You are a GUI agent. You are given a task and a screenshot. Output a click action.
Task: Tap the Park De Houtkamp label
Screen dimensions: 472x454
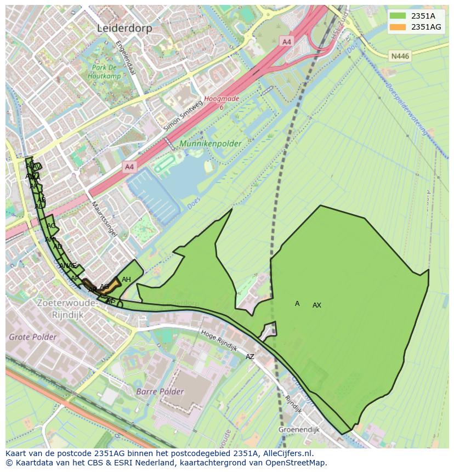coord(106,72)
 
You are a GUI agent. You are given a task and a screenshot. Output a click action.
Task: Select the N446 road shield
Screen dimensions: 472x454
coord(400,56)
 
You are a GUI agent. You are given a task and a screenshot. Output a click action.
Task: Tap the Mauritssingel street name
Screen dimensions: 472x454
coord(104,218)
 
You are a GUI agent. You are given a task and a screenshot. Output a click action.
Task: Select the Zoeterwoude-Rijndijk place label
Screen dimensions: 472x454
coord(66,308)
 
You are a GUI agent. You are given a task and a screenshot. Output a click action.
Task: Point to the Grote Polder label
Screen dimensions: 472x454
coord(32,337)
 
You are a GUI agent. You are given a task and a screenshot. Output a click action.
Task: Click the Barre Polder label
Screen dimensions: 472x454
coord(160,391)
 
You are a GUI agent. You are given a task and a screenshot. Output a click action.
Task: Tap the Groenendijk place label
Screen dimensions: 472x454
coord(299,430)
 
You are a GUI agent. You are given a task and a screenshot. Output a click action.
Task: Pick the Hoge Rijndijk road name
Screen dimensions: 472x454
coord(219,340)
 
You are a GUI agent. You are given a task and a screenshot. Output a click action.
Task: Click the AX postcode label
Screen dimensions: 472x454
coord(317,305)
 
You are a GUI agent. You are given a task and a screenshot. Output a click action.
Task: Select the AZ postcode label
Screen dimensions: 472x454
coord(250,357)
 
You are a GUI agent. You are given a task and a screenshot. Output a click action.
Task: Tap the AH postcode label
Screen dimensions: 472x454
coord(126,280)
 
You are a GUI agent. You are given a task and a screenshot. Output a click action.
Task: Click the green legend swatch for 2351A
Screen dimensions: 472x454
coord(398,16)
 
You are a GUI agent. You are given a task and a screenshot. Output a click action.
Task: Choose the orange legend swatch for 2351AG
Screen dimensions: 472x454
coord(398,27)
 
